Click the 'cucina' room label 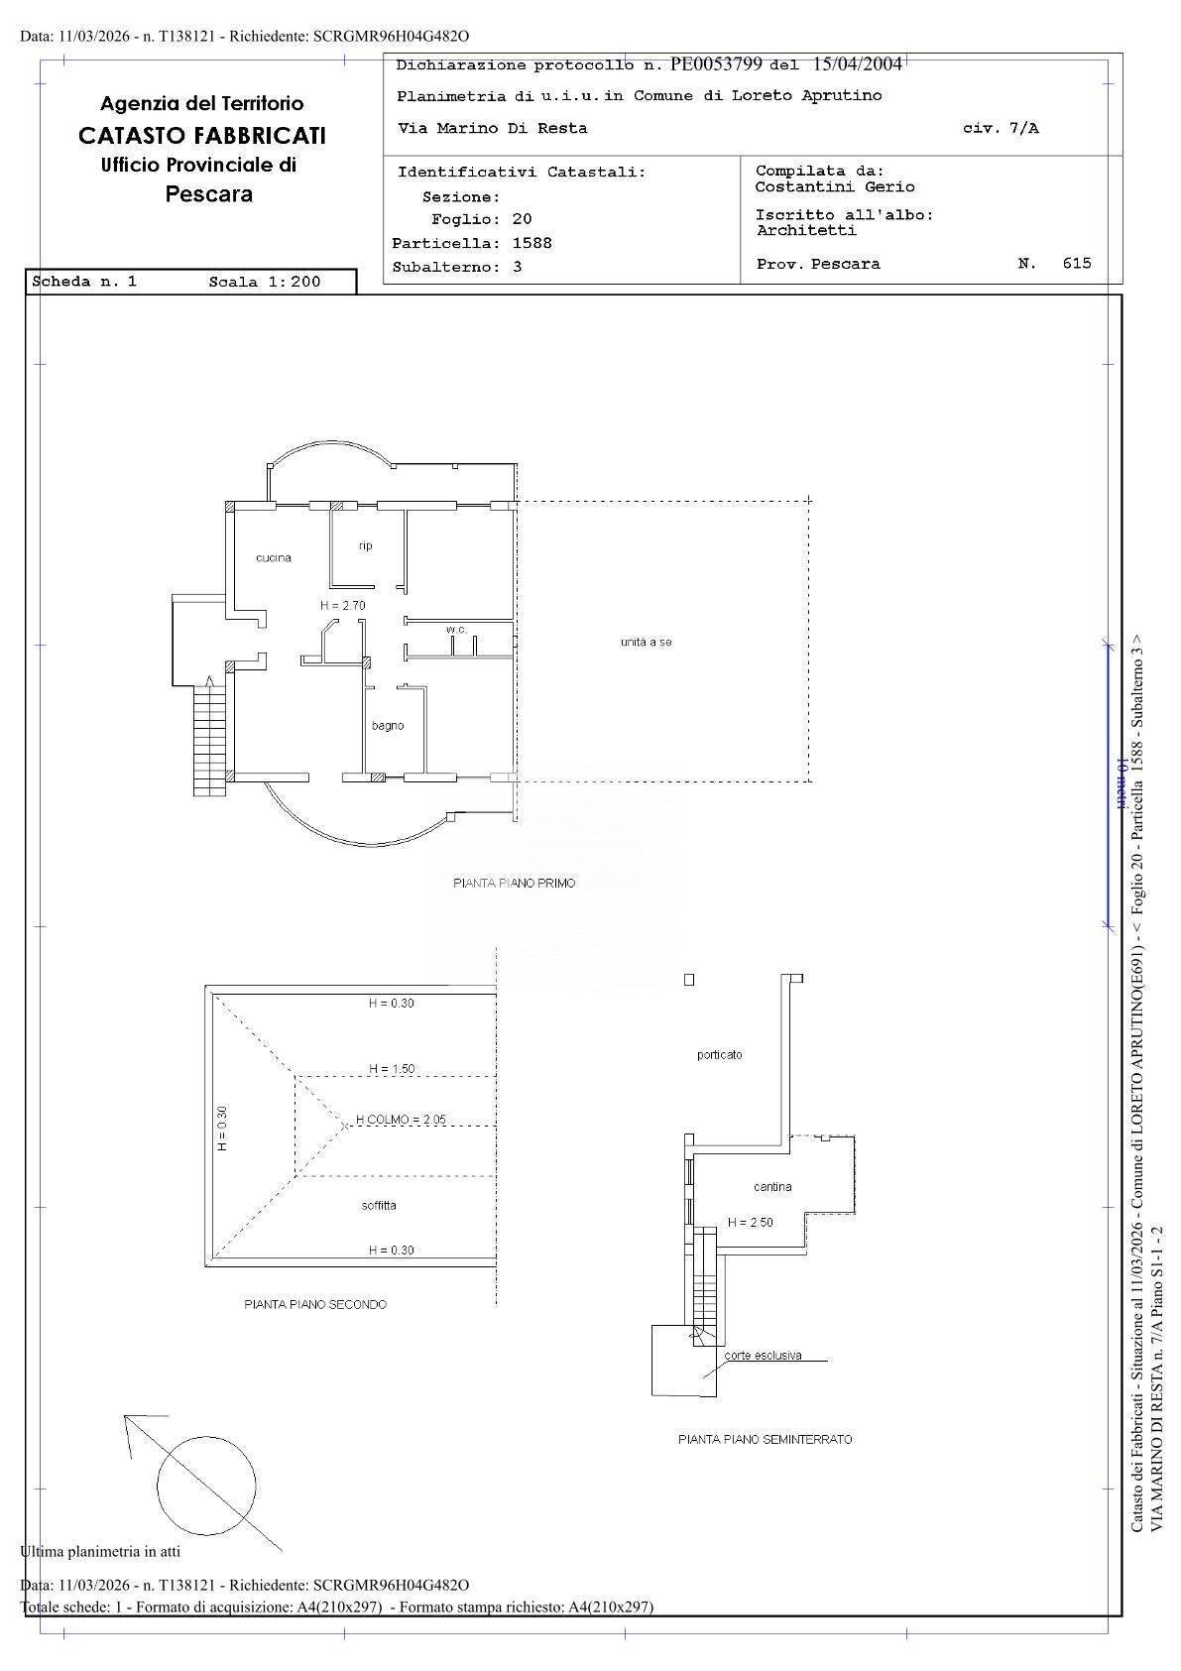273,558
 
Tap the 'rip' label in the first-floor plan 365,546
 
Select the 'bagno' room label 388,726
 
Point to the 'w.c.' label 456,630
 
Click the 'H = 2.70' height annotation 342,606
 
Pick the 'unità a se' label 647,642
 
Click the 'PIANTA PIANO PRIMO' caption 514,884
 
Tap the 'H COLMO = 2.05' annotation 401,1120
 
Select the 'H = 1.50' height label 392,1069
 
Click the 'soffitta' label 379,1206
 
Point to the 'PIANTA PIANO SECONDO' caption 315,1305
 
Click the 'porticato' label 719,1055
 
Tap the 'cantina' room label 772,1187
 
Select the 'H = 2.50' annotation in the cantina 751,1223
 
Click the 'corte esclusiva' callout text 763,1356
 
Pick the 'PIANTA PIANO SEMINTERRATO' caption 765,1440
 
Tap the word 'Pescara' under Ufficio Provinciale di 209,194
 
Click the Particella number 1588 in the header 531,243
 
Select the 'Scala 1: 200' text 265,282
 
